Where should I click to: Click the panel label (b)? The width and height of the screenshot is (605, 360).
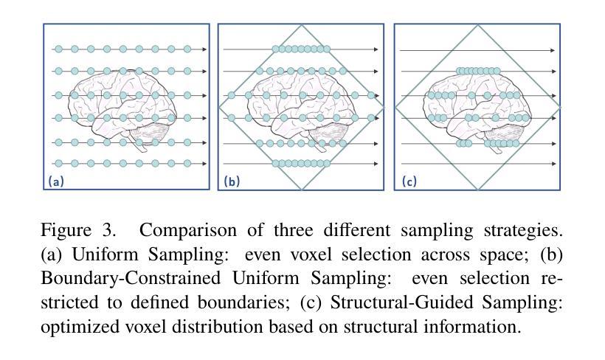[x=232, y=181]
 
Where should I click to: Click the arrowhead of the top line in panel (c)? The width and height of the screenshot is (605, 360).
[x=553, y=50]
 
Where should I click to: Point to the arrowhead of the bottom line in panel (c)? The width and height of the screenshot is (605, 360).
[x=553, y=164]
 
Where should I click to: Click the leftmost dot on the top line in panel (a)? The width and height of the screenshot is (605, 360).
[x=58, y=49]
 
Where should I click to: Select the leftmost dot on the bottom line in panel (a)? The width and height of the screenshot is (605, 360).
[x=58, y=163]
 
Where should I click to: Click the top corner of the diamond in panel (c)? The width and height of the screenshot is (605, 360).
[x=478, y=25]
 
